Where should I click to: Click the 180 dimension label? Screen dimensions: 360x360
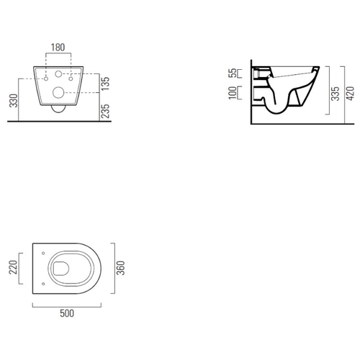(58, 48)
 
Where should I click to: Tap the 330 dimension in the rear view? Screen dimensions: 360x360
(14, 101)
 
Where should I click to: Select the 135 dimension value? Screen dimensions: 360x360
(105, 84)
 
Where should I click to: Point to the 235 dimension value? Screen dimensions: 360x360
(105, 111)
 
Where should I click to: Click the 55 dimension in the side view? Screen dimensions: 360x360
(233, 73)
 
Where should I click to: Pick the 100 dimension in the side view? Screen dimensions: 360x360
(233, 93)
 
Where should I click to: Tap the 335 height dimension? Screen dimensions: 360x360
(336, 94)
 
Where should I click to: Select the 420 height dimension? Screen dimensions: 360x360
(351, 94)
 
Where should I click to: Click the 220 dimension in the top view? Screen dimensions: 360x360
(13, 267)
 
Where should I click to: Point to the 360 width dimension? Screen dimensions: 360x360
(121, 268)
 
